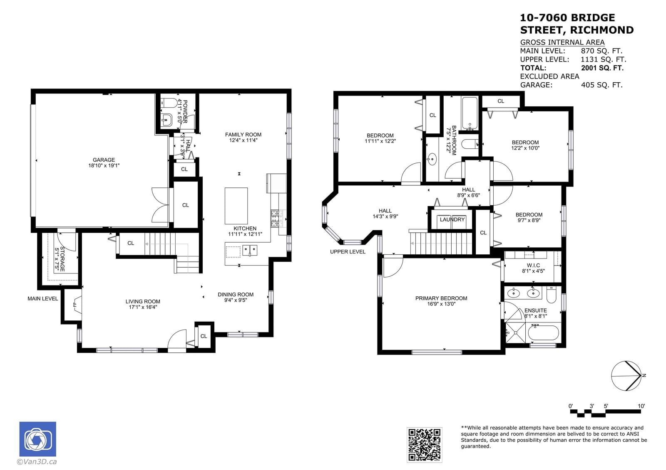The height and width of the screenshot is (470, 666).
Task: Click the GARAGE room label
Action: pos(104,160)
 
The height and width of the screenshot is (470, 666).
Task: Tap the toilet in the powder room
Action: pos(168,103)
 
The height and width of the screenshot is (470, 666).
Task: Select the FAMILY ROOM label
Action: pos(243,135)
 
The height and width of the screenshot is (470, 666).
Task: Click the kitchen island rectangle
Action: pos(236,206)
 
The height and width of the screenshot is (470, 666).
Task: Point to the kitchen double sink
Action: pos(250,250)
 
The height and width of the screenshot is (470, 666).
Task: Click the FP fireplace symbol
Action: pos(75,305)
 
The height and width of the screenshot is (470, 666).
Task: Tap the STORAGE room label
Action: pos(62,259)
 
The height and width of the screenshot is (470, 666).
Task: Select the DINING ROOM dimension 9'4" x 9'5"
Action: pos(236,300)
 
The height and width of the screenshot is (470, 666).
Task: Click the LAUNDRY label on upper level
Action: pos(452,219)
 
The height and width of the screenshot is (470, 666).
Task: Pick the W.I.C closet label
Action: pos(533,265)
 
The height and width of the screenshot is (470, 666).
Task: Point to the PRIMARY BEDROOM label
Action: pos(441,298)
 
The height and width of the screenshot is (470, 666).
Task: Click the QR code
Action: pos(424,445)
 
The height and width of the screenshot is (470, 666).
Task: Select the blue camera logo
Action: pos(38,439)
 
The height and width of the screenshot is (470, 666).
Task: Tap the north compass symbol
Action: pos(626,376)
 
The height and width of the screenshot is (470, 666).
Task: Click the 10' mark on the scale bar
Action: pos(641,406)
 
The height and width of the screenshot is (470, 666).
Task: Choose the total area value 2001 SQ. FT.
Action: pos(602,68)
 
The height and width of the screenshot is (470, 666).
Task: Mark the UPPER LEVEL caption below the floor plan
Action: pos(348,251)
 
